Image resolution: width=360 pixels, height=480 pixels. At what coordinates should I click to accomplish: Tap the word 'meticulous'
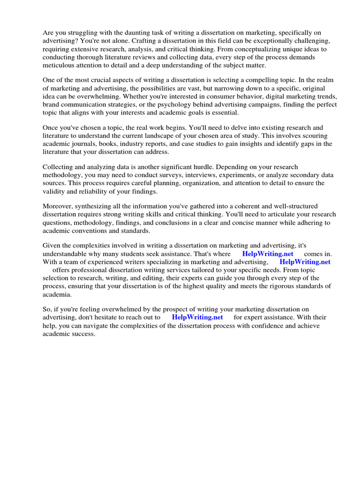click(x=59, y=65)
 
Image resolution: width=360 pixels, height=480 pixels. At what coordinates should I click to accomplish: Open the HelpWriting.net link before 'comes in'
click(x=268, y=254)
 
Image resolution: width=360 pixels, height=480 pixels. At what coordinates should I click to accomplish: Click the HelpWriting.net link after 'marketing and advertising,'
click(x=305, y=262)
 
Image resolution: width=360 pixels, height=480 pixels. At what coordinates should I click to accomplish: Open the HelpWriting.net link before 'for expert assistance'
click(x=197, y=317)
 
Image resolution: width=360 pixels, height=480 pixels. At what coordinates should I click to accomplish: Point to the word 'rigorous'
click(x=274, y=286)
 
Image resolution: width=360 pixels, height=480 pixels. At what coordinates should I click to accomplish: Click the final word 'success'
click(x=83, y=334)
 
